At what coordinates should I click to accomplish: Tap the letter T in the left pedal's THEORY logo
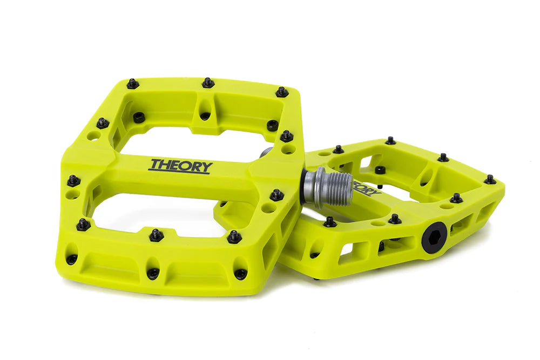156,164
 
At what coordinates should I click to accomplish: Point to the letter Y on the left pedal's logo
206,167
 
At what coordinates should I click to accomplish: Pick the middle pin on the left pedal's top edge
208,83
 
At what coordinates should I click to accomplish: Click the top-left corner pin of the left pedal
132,84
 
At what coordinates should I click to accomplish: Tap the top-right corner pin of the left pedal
282,92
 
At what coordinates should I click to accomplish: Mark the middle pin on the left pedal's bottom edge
156,235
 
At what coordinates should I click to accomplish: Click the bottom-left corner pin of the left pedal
83,224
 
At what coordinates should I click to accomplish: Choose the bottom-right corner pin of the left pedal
234,236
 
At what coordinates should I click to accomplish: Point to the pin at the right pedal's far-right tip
490,179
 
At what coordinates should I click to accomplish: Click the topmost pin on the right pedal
390,141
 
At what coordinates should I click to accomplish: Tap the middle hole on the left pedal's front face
153,274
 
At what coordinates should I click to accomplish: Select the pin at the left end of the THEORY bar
73,180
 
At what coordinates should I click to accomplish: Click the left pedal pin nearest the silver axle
277,194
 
